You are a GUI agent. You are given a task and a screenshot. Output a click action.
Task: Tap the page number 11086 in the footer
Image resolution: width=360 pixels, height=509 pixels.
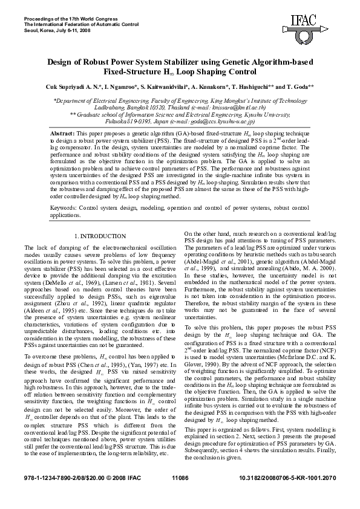click(x=180, y=495)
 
